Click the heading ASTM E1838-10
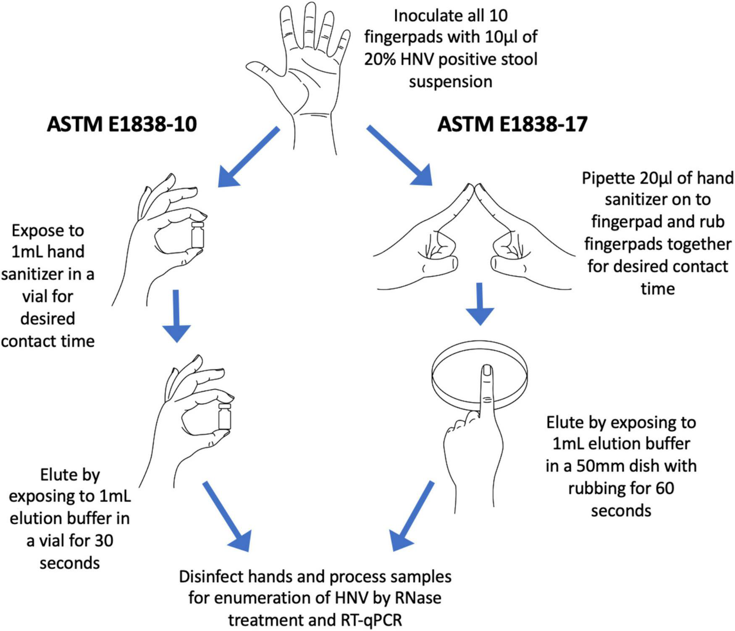(121, 124)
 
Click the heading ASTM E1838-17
(512, 124)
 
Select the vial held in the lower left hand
(224, 417)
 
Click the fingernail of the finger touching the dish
(487, 370)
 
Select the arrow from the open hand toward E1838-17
(399, 156)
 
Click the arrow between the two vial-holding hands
(176, 315)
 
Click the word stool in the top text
(515, 59)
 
